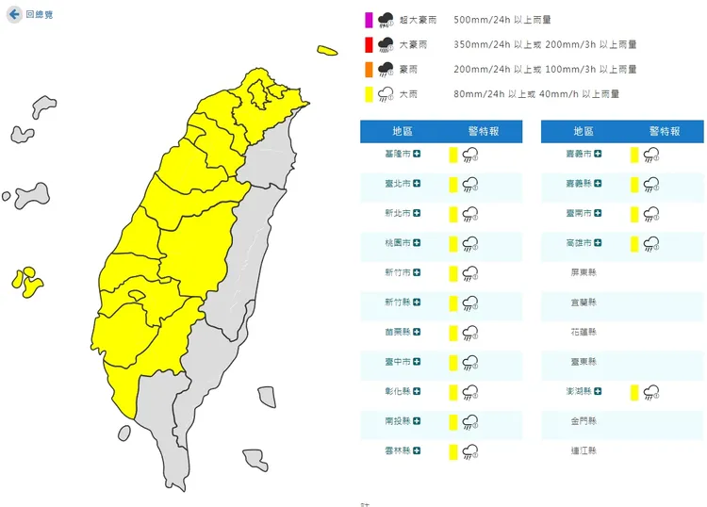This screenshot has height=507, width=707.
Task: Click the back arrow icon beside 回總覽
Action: [x=14, y=15]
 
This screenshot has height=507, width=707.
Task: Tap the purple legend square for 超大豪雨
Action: [x=370, y=19]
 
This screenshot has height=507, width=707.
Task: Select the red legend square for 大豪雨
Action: [x=370, y=44]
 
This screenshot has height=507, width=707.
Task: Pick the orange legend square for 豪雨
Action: [x=370, y=69]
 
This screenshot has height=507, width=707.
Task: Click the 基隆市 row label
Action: [x=397, y=154]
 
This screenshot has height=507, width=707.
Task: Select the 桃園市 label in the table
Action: [x=397, y=243]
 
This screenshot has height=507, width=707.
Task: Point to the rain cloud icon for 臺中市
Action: [x=469, y=363]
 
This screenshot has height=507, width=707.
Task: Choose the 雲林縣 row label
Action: [x=397, y=452]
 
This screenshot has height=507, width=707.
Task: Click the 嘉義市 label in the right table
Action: [x=578, y=154]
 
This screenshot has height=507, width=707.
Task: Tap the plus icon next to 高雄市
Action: [x=598, y=243]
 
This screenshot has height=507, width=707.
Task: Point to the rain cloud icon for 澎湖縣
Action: [x=649, y=393]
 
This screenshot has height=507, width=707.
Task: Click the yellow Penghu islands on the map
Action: [x=27, y=281]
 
